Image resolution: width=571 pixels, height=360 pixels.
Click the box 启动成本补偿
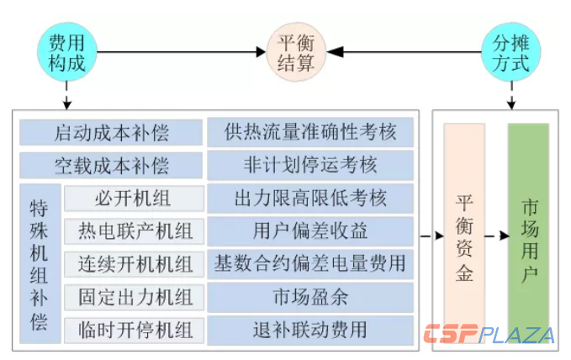(x=111, y=133)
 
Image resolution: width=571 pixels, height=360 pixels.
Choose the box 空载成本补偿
(x=111, y=164)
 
